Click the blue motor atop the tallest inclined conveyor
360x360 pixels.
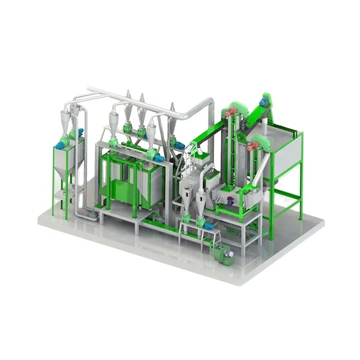[264, 101]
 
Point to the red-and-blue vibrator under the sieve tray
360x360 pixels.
[230, 202]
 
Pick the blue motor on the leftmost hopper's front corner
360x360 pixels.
[60, 144]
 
